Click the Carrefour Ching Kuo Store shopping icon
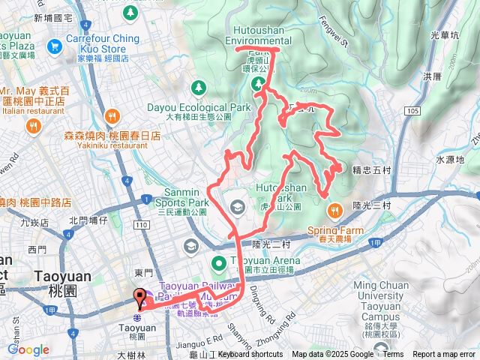pos(54,47)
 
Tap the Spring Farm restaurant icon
pos(335,208)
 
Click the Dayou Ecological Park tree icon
pos(198,88)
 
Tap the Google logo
pos(28,349)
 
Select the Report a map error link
pos(443,355)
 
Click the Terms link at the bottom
pos(393,355)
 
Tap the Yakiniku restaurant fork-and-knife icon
pos(112,116)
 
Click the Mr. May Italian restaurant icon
pos(33,127)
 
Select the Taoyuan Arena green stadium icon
pos(218,263)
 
